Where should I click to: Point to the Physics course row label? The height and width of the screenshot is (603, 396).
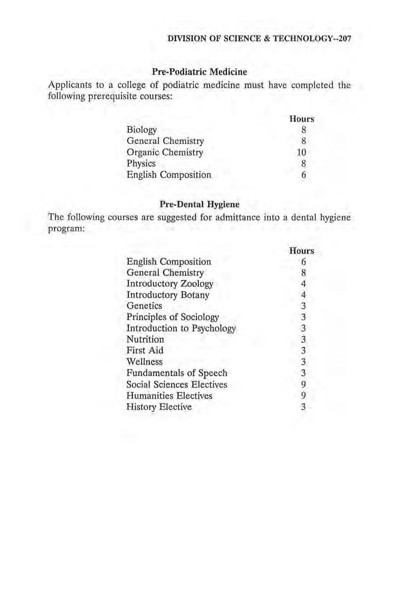pyautogui.click(x=141, y=163)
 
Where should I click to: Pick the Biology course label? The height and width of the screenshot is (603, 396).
pyautogui.click(x=142, y=130)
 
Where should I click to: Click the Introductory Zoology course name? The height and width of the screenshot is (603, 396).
pyautogui.click(x=170, y=284)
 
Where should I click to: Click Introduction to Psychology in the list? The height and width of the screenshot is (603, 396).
pyautogui.click(x=181, y=328)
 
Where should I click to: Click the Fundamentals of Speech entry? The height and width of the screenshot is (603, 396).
pyautogui.click(x=177, y=373)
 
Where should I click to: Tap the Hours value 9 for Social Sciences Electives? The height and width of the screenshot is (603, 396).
pyautogui.click(x=304, y=384)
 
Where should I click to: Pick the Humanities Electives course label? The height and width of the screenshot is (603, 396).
pyautogui.click(x=169, y=396)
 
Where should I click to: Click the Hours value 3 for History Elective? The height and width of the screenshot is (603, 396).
pyautogui.click(x=304, y=407)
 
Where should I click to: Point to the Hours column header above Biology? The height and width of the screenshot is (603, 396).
pyautogui.click(x=301, y=120)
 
